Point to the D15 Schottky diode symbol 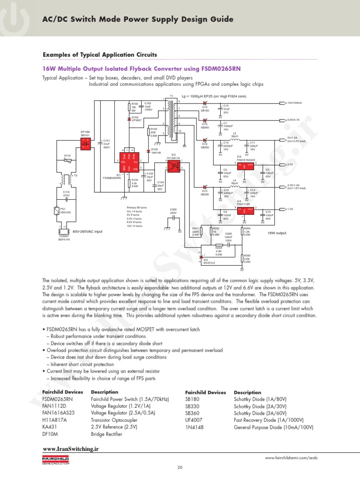(x=205, y=103)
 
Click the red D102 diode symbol (x=129, y=120)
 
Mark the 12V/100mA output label (x=294, y=103)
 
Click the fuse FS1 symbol (x=57, y=210)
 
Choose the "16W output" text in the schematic (x=277, y=233)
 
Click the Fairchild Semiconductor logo (x=56, y=460)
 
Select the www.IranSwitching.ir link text (x=71, y=449)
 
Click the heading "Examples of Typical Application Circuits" (x=100, y=55)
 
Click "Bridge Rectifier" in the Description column (x=106, y=434)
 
